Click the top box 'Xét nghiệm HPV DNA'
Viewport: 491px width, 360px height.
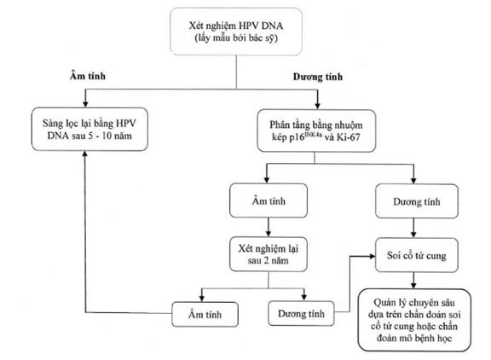pyautogui.click(x=236, y=32)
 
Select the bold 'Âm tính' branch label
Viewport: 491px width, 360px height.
pyautogui.click(x=88, y=76)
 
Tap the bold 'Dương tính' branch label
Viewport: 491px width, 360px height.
pyautogui.click(x=318, y=77)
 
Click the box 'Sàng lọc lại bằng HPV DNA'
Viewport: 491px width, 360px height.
pyautogui.click(x=90, y=130)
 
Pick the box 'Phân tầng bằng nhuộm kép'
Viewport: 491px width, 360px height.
pyautogui.click(x=316, y=131)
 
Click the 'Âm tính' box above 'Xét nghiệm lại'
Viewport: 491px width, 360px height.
pyautogui.click(x=269, y=200)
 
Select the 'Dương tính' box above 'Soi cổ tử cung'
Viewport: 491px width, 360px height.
pyautogui.click(x=417, y=201)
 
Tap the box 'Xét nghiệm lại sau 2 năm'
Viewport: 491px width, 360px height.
pyautogui.click(x=269, y=254)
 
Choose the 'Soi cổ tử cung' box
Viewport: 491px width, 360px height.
pyautogui.click(x=417, y=255)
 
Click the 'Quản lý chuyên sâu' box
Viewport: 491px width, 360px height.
pyautogui.click(x=414, y=320)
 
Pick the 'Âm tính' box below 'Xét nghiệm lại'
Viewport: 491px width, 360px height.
pyautogui.click(x=205, y=314)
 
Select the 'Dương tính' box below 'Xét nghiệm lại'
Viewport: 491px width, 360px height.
pyautogui.click(x=301, y=314)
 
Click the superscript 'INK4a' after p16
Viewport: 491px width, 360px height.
pyautogui.click(x=313, y=135)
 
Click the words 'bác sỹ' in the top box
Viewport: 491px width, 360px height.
pyautogui.click(x=262, y=38)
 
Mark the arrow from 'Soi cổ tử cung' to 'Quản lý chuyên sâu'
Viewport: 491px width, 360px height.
pyautogui.click(x=413, y=281)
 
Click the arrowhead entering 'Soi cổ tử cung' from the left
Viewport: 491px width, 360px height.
pyautogui.click(x=373, y=256)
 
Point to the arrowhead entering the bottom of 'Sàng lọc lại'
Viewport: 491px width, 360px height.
pyautogui.click(x=85, y=154)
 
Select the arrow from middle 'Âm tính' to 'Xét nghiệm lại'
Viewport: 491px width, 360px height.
pyautogui.click(x=269, y=227)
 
